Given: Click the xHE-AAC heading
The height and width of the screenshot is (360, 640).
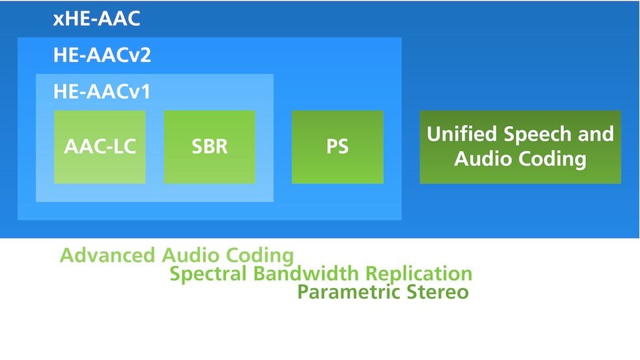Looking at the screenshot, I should pos(97,19).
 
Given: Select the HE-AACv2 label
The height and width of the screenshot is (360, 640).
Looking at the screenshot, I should pos(102,55).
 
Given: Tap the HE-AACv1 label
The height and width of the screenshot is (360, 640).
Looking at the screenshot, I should pos(102,91).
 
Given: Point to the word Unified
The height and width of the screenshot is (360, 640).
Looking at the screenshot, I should pos(459,134).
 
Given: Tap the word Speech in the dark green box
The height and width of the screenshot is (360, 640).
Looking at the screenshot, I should pos(531,134).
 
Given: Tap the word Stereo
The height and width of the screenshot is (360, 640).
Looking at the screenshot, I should pos(436,292).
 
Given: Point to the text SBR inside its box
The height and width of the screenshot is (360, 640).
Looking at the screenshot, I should pos(209,147).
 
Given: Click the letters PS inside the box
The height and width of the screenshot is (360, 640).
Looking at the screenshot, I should pos(337,147).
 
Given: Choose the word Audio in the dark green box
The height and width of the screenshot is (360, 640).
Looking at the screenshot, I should pos(484,159).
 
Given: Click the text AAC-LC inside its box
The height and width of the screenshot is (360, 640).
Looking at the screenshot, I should pos(100,147).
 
